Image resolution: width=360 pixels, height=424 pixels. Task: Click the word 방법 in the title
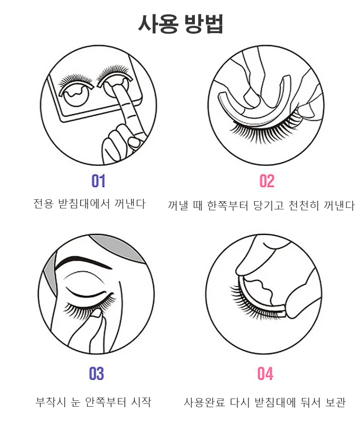tap(204, 24)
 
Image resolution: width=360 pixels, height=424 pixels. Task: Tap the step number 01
tap(98, 181)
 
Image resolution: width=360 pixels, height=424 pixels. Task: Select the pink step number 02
tap(267, 181)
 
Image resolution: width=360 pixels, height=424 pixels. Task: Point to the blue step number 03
tap(96, 374)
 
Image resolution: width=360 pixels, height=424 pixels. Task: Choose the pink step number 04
tap(265, 374)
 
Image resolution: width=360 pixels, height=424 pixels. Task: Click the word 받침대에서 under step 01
tap(84, 204)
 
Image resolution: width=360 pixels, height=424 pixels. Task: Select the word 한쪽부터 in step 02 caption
tap(228, 206)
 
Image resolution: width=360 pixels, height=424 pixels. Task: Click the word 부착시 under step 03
tap(50, 402)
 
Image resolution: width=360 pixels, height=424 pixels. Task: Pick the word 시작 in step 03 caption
tap(141, 402)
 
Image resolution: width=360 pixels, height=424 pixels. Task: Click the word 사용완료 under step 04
tap(204, 402)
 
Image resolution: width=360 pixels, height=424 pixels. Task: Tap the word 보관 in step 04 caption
tap(335, 402)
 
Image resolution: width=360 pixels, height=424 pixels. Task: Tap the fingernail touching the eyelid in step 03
tap(95, 314)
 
